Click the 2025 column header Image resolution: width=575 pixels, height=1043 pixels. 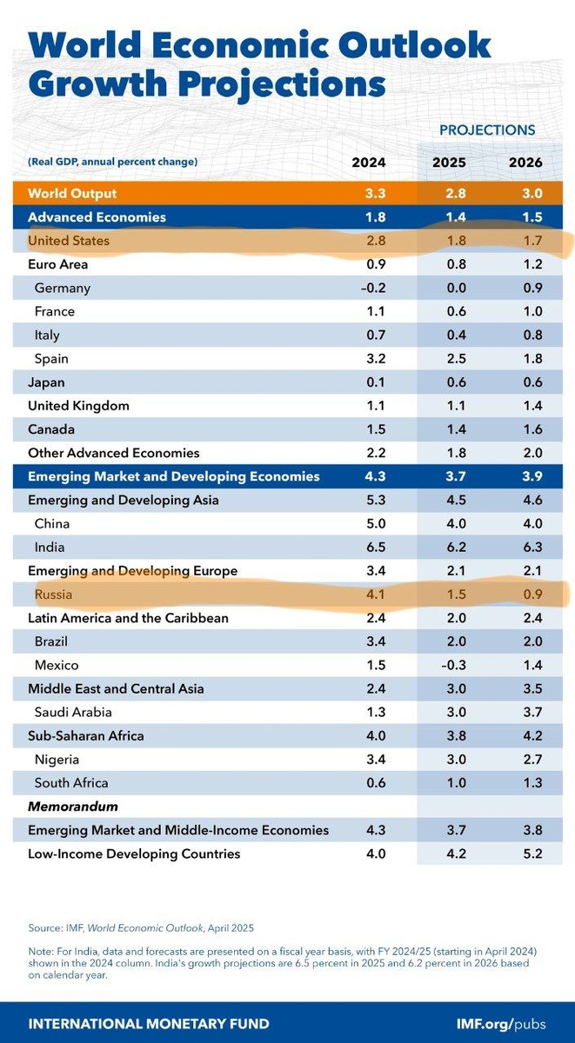(x=449, y=163)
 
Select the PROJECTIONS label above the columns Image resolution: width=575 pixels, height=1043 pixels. (x=487, y=130)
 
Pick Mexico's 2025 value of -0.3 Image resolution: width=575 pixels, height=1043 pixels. (x=449, y=665)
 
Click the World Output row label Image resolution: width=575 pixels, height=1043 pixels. (x=72, y=193)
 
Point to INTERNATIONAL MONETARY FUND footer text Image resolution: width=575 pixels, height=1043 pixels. (x=149, y=1023)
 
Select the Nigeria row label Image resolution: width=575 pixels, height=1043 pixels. (x=57, y=760)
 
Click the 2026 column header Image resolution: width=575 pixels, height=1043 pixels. (x=526, y=163)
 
